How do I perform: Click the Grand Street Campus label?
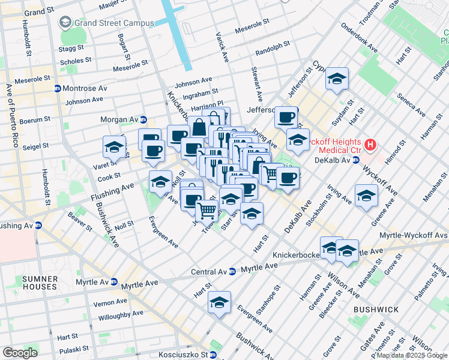pyautogui.click(x=113, y=23)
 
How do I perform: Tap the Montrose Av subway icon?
pyautogui.click(x=58, y=88)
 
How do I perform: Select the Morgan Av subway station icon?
pyautogui.click(x=143, y=119)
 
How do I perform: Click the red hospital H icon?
pyautogui.click(x=371, y=145)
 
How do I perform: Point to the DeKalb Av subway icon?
pyautogui.click(x=355, y=160)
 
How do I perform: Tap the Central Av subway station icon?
pyautogui.click(x=232, y=272)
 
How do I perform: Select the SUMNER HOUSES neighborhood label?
pyautogui.click(x=40, y=283)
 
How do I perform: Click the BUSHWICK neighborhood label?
pyautogui.click(x=376, y=310)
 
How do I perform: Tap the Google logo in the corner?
pyautogui.click(x=19, y=352)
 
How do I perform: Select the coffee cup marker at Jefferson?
pyautogui.click(x=286, y=117)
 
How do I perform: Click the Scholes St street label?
pyautogui.click(x=76, y=61)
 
